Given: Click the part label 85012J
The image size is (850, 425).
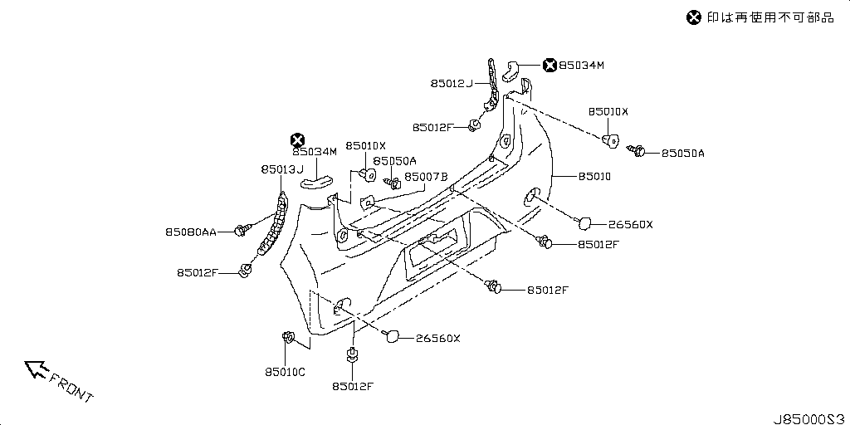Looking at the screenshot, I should point(451,84).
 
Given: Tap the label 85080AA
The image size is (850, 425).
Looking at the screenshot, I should point(190,233).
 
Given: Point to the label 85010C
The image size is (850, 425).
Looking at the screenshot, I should point(285,372).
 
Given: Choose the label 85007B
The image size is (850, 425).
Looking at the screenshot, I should point(426,177).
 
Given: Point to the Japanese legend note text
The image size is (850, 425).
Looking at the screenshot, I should point(770,17).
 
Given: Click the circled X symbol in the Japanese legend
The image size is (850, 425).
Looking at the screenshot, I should point(694,17).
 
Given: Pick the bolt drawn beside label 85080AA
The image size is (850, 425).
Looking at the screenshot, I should point(243,230).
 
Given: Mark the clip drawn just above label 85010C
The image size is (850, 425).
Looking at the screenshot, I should point(290,337).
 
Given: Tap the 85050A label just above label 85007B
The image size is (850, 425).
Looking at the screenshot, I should point(394,161).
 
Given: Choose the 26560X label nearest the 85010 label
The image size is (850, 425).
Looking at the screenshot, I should point(630,224).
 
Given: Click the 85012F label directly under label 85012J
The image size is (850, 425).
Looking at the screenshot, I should point(432,127).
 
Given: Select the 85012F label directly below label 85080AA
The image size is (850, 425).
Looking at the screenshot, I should point(197,272).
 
